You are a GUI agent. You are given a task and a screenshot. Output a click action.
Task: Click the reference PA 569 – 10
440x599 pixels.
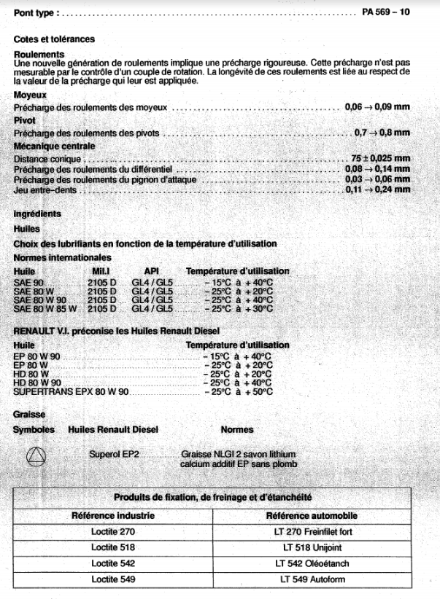[385, 12]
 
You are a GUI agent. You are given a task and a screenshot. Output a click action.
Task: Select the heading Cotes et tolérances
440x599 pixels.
[53, 39]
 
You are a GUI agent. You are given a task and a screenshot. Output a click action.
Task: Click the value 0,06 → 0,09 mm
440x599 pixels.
[377, 107]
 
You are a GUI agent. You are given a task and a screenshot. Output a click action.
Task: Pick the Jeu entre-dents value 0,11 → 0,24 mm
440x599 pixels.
[377, 189]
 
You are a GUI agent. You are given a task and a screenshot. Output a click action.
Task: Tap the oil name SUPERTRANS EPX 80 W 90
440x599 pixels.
[71, 392]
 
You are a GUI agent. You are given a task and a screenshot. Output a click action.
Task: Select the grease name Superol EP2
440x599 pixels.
[114, 454]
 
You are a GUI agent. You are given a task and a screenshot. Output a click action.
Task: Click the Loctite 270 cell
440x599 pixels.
[113, 532]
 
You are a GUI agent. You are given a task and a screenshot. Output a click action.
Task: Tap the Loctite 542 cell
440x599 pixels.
[113, 564]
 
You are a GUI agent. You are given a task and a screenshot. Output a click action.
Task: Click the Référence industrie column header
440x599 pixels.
[113, 515]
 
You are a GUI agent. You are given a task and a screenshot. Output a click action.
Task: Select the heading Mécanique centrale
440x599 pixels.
[54, 146]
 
